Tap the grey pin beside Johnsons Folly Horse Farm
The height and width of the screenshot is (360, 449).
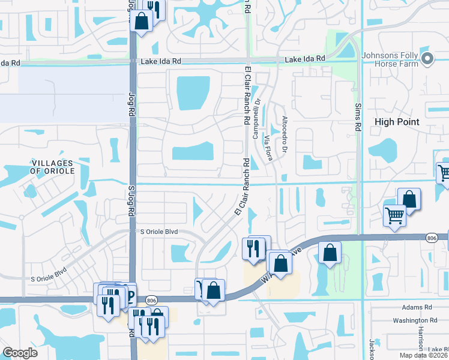coord(427,58)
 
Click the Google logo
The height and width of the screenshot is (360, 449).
coord(20,352)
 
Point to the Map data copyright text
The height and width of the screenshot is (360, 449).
coord(423,355)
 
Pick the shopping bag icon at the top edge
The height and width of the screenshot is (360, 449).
coord(142,22)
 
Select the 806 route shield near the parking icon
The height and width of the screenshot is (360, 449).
coord(151,299)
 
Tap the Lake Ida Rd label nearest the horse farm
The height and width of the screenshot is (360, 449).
coord(304,59)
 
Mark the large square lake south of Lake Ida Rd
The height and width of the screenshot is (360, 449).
coord(193,94)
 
